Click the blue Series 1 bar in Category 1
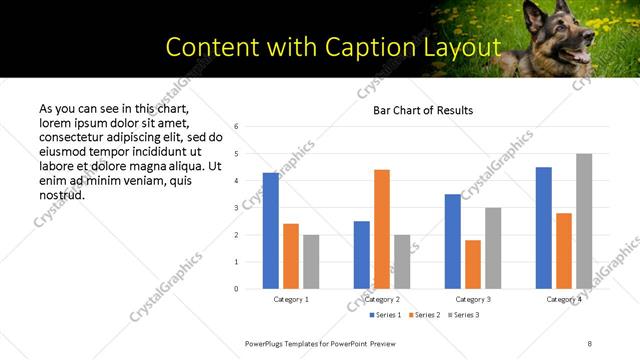tap(271, 231)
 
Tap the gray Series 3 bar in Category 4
tap(584, 221)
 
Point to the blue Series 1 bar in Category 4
tap(544, 228)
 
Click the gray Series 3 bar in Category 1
tap(311, 262)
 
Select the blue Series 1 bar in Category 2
tap(362, 255)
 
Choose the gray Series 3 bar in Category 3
tap(493, 248)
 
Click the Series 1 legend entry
tap(388, 315)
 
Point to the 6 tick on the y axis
tap(235, 127)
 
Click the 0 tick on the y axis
tap(235, 289)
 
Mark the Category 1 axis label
tap(291, 299)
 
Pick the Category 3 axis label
tap(473, 299)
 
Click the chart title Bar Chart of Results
tap(423, 110)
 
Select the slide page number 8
tap(590, 343)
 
